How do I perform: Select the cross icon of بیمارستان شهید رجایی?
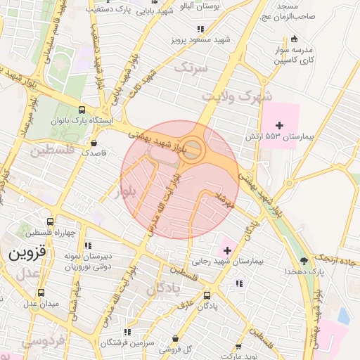[x=226, y=250]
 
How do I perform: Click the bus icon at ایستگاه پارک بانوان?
[x=82, y=110]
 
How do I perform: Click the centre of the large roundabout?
[x=194, y=149]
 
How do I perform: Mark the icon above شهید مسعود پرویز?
[x=200, y=30]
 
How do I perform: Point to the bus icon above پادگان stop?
[x=206, y=296]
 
